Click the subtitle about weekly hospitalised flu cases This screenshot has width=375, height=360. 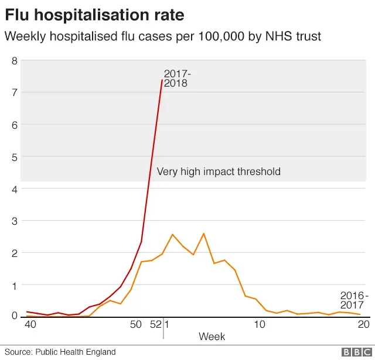click(162, 36)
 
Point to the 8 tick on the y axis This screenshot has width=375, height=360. click(15, 60)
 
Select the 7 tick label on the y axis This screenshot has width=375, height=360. click(15, 92)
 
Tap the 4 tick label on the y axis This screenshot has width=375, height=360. click(15, 189)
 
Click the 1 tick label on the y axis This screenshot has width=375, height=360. click(15, 285)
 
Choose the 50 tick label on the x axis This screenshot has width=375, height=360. click(135, 324)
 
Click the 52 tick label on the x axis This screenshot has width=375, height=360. click(155, 324)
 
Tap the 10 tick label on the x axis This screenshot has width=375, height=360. click(258, 324)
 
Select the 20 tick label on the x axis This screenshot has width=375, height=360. click(363, 324)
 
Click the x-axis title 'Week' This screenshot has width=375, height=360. click(212, 337)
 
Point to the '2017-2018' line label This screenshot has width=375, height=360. click(177, 78)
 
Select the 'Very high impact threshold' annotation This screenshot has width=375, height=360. click(219, 172)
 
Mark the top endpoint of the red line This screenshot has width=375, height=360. click(162, 80)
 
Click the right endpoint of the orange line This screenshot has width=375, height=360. click(360, 315)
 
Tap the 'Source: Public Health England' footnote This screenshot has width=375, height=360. click(60, 352)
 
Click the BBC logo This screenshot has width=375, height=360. click(353, 352)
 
